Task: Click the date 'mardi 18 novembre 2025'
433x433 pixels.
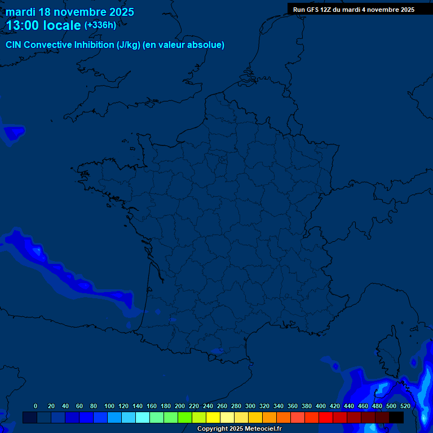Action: coord(70,12)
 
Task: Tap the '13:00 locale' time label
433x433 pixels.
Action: coord(43,25)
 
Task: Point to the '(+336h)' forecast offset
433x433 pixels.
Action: coord(100,25)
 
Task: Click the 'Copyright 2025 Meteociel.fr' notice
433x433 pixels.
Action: coord(240,429)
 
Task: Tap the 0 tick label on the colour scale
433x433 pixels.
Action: coord(36,406)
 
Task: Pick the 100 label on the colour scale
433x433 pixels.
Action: coord(109,406)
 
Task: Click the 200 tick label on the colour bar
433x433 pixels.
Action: coord(180,406)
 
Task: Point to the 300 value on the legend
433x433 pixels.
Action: coord(250,406)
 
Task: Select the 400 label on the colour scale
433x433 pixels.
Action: coord(321,406)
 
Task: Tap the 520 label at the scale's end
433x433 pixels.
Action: coord(405,406)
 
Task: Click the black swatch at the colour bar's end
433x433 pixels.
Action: coord(396,417)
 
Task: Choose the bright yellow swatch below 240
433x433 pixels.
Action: coord(213,417)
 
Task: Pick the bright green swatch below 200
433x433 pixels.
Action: coord(185,417)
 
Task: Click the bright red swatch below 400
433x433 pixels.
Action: coord(326,417)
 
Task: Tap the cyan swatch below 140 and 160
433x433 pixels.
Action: coord(143,417)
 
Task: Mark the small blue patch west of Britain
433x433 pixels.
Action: coord(14,133)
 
